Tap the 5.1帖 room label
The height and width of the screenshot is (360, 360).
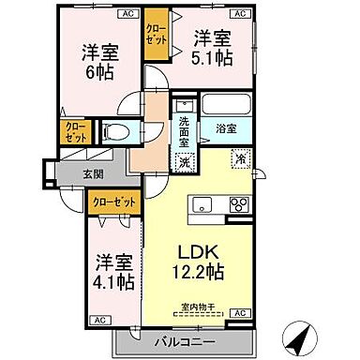click(x=213, y=49)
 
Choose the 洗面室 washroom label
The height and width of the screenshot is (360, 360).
click(x=186, y=127)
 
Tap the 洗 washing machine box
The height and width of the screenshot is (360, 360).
click(x=185, y=160)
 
